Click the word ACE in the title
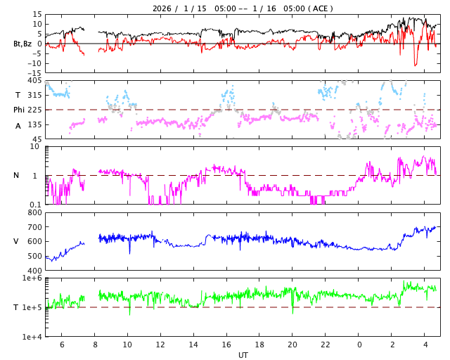320,8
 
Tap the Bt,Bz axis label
22,44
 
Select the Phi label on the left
20,110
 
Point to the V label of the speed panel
16,242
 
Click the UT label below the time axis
243,355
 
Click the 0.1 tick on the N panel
36,205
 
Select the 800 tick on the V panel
34,213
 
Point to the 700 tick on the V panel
34,227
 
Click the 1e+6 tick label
32,278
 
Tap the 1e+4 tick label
32,337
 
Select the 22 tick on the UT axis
326,345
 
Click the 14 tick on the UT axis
193,345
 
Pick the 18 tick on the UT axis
259,345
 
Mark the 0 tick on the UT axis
359,345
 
